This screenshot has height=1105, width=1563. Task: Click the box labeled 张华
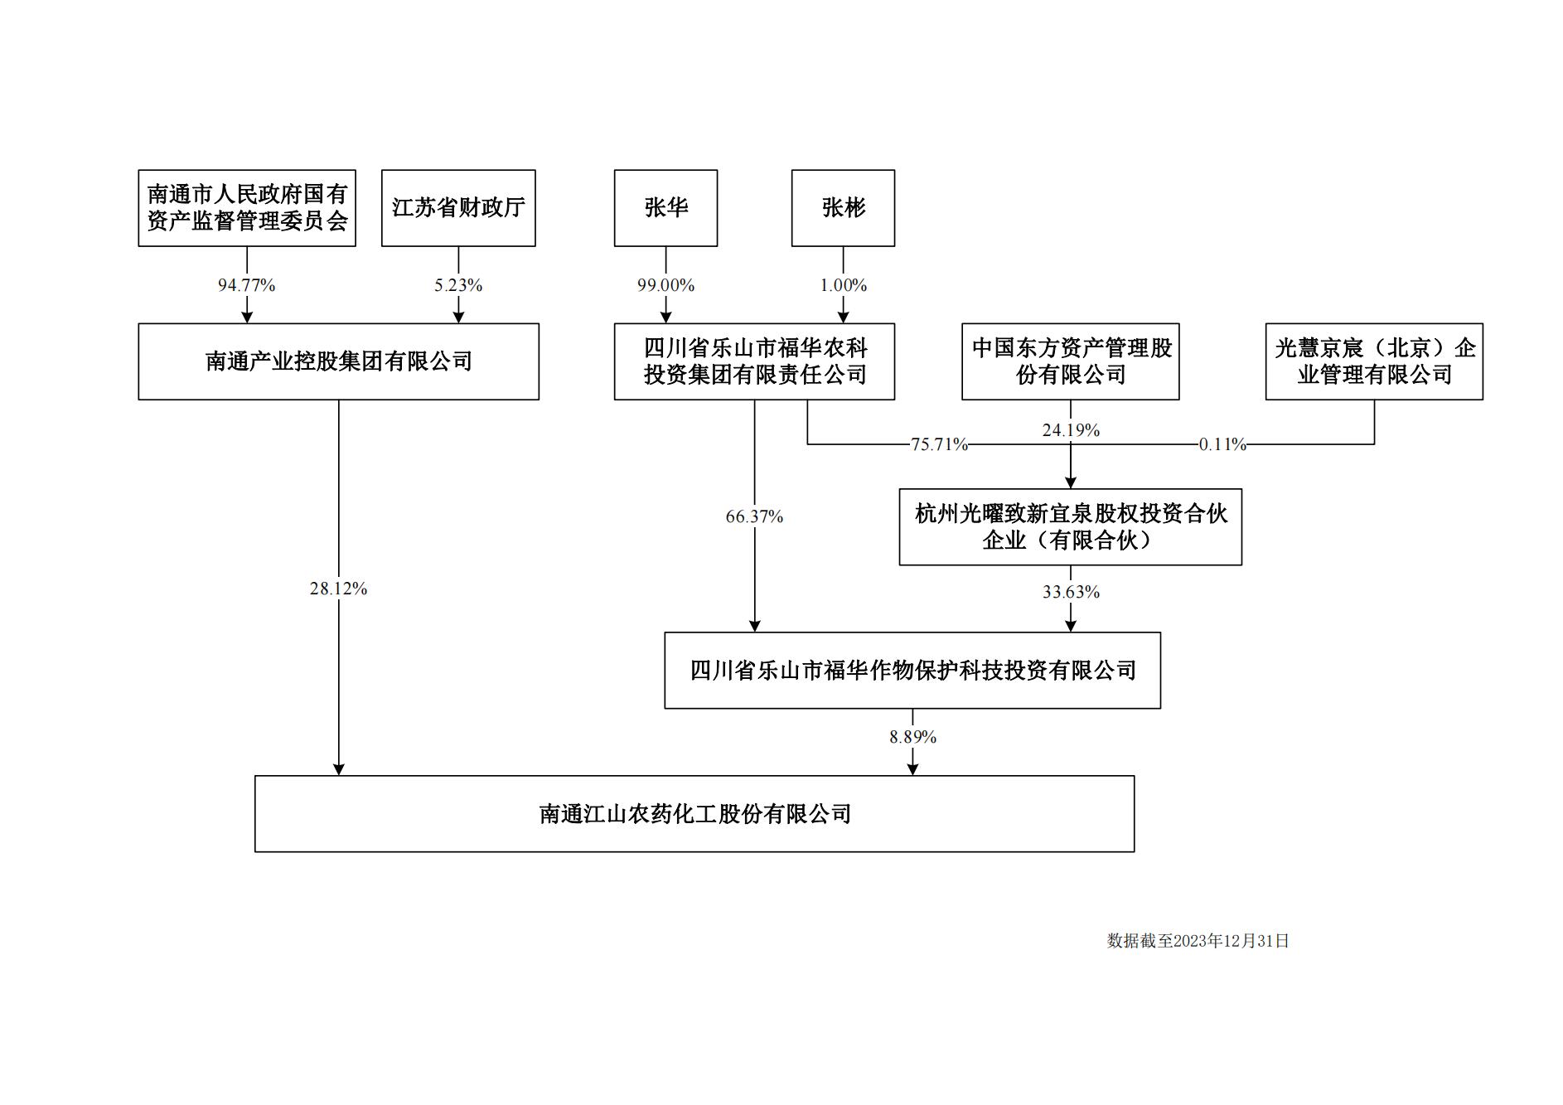click(x=665, y=208)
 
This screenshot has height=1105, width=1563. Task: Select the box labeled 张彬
click(x=843, y=208)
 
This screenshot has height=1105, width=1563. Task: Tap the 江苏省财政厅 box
click(x=458, y=208)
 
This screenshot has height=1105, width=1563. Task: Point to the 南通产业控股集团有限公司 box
click(x=338, y=361)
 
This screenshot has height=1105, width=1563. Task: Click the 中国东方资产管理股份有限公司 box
click(x=1070, y=361)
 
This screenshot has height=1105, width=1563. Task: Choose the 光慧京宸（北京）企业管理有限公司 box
click(x=1374, y=361)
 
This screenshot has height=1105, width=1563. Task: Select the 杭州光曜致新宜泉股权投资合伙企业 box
click(x=1070, y=527)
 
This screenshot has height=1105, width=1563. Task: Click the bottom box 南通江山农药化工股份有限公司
click(x=694, y=814)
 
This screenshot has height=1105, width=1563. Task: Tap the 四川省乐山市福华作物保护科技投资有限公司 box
click(x=912, y=671)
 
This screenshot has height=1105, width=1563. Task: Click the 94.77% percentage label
click(x=246, y=285)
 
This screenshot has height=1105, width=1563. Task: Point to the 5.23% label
click(x=458, y=285)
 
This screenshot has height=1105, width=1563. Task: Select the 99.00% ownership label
click(x=665, y=285)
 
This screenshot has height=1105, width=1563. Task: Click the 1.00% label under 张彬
click(x=843, y=285)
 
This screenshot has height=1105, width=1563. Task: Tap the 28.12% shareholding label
click(x=338, y=589)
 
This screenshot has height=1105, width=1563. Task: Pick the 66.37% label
click(x=754, y=516)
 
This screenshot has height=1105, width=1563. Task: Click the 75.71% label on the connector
click(x=939, y=444)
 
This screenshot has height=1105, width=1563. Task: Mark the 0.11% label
click(x=1222, y=444)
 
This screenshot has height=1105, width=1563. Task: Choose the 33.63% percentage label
click(x=1071, y=592)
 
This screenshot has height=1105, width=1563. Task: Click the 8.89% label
click(x=912, y=737)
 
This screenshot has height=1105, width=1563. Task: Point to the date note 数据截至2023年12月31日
click(x=1198, y=941)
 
